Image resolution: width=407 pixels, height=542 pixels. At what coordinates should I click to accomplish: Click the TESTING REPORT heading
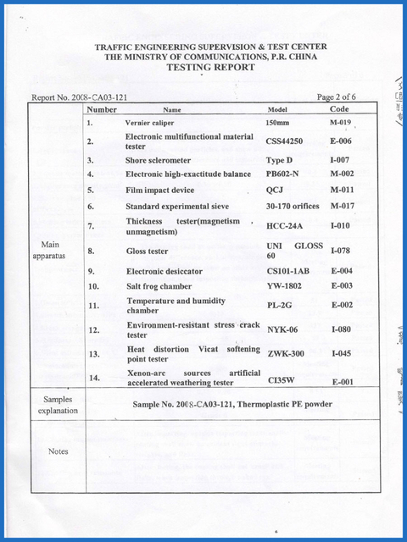coord(210,67)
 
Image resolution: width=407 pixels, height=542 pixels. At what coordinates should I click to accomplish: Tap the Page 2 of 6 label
coord(336,97)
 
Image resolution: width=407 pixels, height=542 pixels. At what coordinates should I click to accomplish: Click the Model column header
coord(277,110)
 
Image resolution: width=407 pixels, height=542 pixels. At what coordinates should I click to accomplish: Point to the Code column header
coord(339,109)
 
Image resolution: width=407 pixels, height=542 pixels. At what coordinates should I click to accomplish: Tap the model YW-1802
coord(284,286)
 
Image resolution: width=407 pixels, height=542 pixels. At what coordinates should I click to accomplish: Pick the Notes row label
coord(59,451)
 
